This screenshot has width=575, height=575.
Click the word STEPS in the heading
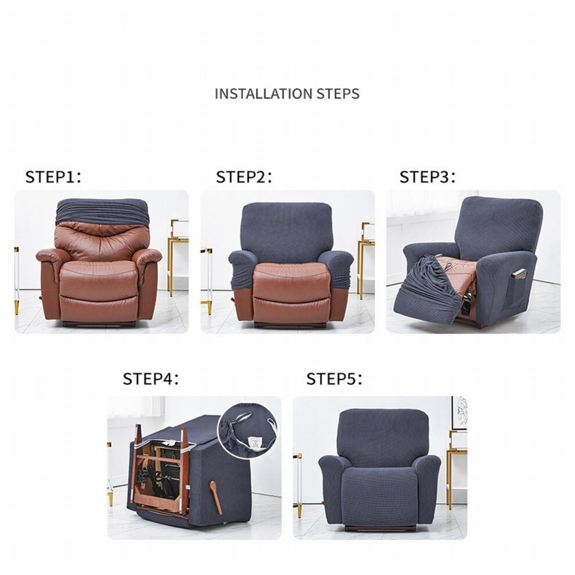[x=337, y=94]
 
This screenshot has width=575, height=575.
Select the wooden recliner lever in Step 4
[x=216, y=497]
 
